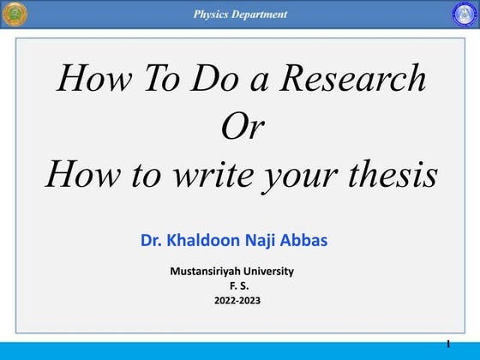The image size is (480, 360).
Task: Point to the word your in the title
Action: point(295,177)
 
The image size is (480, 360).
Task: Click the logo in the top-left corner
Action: point(15,14)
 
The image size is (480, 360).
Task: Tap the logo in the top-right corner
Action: point(464,14)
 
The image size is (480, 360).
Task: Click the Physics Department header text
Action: point(240,14)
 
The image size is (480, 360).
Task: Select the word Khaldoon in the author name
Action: point(209,240)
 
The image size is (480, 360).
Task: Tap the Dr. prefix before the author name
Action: point(152,240)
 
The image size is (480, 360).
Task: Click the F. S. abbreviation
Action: point(240,285)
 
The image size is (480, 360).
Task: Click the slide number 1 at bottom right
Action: point(448,344)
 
